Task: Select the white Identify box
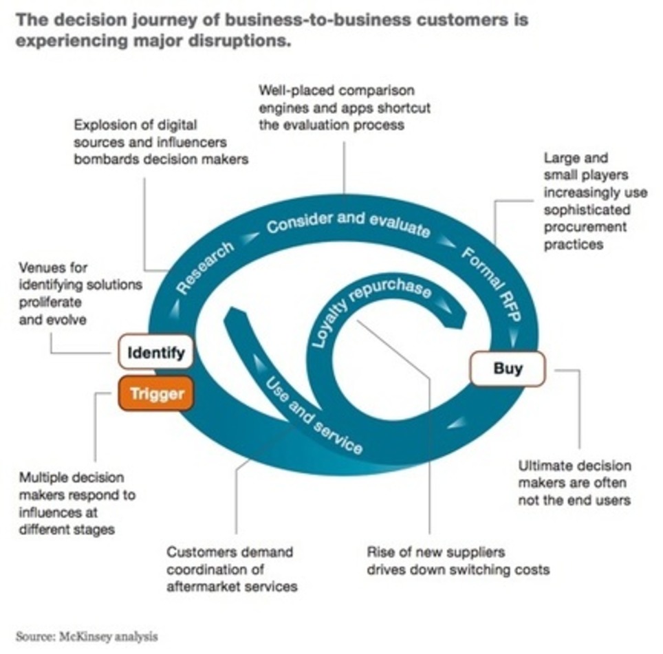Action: tap(156, 353)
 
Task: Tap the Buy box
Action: tap(508, 368)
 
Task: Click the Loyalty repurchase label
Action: tap(371, 307)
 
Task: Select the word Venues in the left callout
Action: tap(43, 267)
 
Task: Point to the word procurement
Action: tap(585, 227)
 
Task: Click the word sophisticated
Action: tap(587, 210)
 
